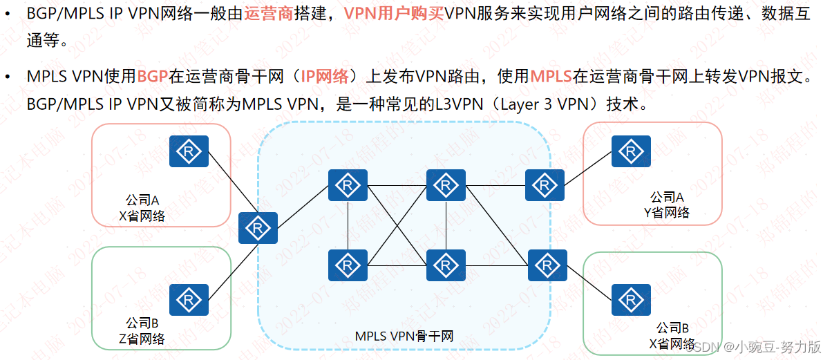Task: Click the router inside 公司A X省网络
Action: click(189, 151)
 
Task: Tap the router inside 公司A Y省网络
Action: click(629, 151)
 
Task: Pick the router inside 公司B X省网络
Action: click(629, 299)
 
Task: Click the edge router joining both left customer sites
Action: click(258, 228)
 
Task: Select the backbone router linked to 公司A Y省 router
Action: click(545, 185)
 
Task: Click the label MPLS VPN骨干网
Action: click(404, 337)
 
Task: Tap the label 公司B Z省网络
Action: click(142, 330)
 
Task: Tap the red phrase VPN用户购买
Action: click(393, 13)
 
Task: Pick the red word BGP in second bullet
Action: click(152, 76)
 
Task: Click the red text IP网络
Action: click(324, 76)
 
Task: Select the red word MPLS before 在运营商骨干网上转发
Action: click(551, 76)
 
